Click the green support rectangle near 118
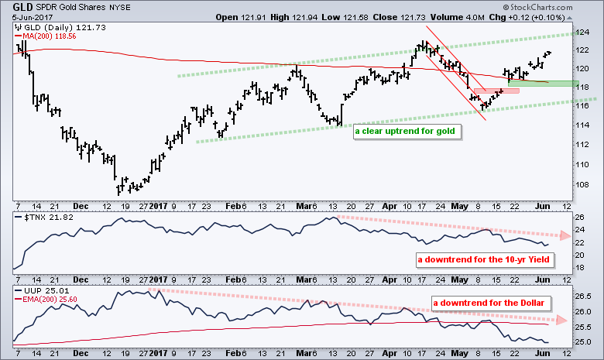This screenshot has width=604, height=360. click(x=543, y=83)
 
